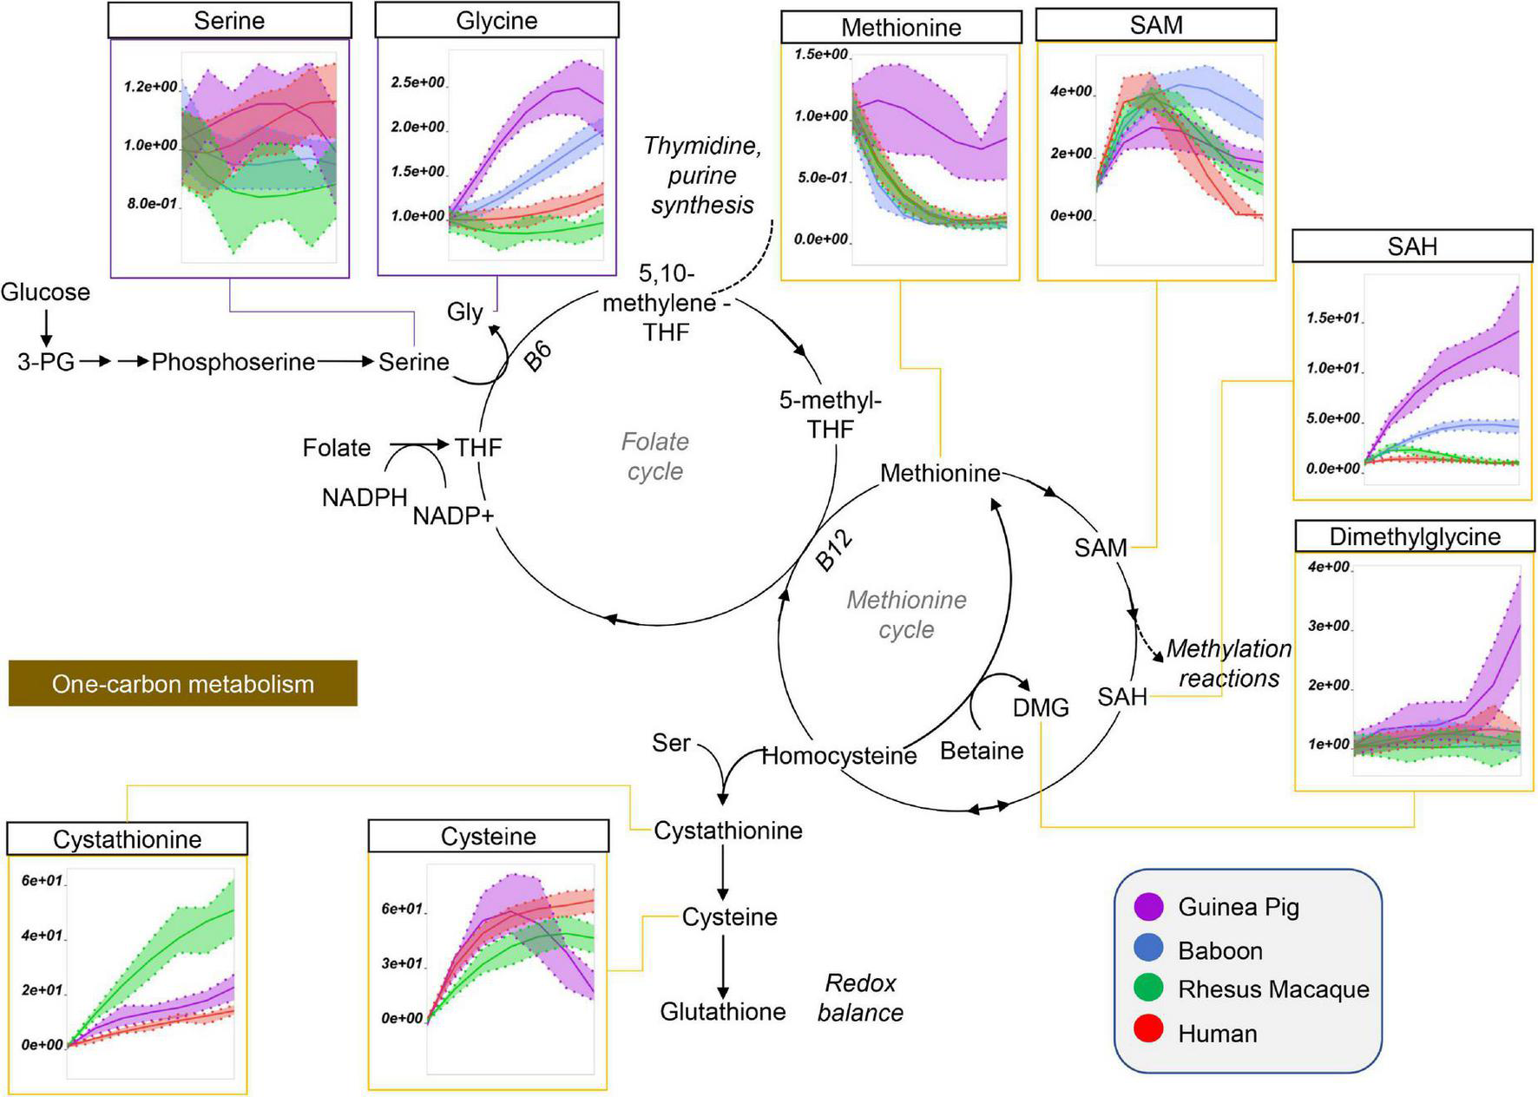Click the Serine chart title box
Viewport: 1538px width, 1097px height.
229,20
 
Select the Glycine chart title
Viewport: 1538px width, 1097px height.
496,20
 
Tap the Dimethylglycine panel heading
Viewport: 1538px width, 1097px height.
1415,536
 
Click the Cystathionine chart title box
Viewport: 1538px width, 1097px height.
127,839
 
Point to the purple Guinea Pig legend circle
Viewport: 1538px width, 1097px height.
1148,907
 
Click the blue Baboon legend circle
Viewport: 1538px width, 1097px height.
1148,949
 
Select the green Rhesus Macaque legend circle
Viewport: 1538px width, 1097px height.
1148,989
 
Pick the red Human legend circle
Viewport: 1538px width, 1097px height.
1148,1032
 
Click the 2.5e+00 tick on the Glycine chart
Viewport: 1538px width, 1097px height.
418,83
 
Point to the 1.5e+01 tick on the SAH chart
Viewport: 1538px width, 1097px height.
1333,319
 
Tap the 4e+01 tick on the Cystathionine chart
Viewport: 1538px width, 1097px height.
42,936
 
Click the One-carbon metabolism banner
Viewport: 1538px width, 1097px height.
182,684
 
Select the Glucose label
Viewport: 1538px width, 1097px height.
45,292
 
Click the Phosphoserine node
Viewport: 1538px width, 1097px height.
233,362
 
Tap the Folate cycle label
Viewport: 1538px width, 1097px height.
655,457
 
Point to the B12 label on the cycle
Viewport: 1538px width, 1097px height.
834,550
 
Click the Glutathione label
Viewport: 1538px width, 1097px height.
723,1011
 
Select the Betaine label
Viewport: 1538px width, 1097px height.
982,751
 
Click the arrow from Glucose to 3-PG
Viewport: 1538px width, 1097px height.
46,327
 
